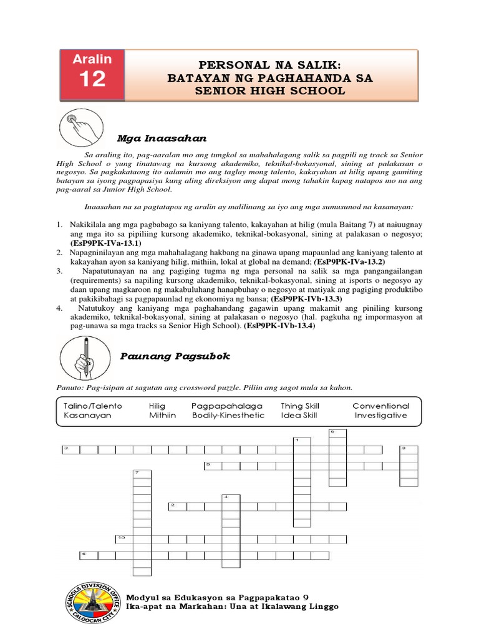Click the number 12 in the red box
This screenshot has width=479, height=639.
[x=92, y=80]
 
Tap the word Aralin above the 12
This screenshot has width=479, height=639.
[x=92, y=59]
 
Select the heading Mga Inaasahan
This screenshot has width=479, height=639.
[x=162, y=137]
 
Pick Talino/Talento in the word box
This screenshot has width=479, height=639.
[x=93, y=406]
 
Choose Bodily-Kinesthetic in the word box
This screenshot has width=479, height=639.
[x=228, y=415]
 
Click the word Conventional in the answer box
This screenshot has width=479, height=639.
[x=380, y=406]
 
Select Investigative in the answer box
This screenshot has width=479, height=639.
[x=380, y=415]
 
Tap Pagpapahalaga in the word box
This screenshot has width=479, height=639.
[x=227, y=406]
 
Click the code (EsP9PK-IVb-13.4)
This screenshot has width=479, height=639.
[x=280, y=326]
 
